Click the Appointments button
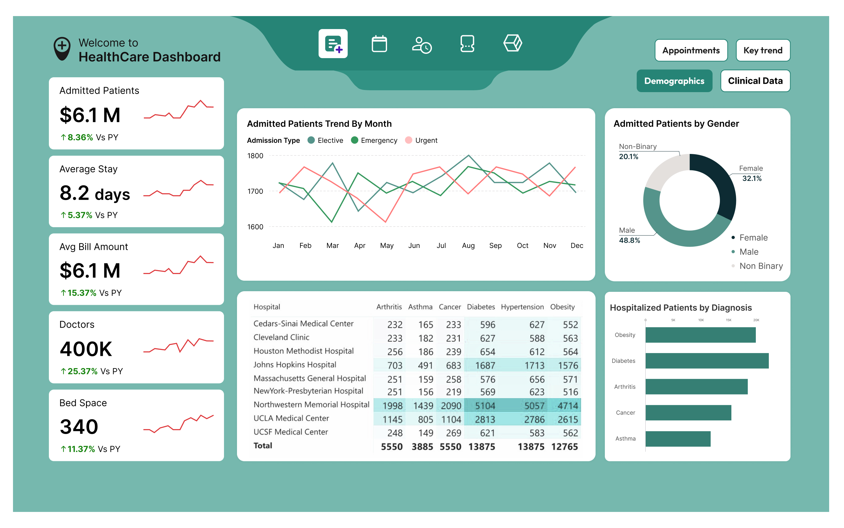coord(691,50)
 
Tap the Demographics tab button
coord(674,81)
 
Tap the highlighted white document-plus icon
coord(333,44)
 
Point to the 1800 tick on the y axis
coord(255,156)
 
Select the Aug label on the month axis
coord(468,245)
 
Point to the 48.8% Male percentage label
coord(629,240)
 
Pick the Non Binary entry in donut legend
coord(760,266)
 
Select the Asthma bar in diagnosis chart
coord(677,439)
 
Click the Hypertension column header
coord(522,307)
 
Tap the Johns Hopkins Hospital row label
coord(295,364)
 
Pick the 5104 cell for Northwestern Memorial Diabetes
coord(485,406)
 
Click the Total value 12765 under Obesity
coord(564,447)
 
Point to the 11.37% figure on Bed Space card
coord(81,449)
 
